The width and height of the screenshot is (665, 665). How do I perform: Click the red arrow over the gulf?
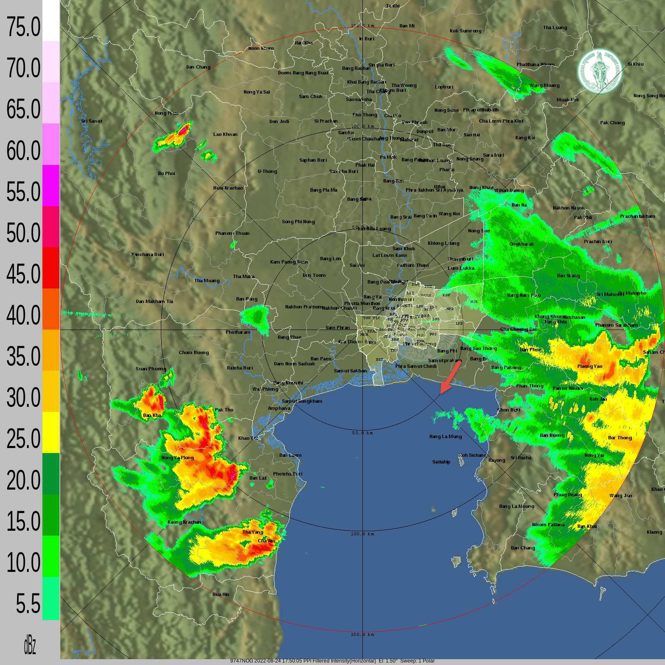click(x=450, y=377)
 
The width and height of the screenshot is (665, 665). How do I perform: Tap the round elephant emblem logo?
click(x=600, y=71)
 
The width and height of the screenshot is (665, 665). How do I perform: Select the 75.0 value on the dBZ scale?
click(x=23, y=27)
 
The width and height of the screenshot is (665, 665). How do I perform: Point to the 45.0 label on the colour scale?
click(x=23, y=274)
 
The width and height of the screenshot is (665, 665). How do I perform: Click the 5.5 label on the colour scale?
click(x=28, y=604)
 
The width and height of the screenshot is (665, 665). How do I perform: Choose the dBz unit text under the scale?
click(x=30, y=645)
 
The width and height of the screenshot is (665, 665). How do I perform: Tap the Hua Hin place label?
click(x=221, y=594)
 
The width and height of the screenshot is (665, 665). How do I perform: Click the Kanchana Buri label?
click(x=148, y=254)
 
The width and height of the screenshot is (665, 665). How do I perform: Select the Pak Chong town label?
click(x=612, y=123)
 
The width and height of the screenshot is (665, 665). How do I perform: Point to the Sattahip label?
click(x=441, y=462)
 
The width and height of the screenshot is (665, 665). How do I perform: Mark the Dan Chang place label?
click(x=198, y=67)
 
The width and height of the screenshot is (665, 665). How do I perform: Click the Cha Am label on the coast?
click(x=266, y=541)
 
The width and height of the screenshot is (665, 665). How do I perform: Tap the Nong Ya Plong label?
click(x=177, y=458)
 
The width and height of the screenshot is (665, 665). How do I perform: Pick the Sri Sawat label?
click(x=92, y=121)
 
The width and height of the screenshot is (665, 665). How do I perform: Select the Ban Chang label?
click(x=523, y=548)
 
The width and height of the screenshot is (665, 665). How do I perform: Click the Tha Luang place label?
click(x=555, y=27)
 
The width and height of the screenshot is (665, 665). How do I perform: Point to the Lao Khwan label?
click(x=225, y=134)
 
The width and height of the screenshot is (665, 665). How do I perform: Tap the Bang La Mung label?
click(x=446, y=436)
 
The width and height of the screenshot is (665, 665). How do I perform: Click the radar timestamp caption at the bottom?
click(x=332, y=661)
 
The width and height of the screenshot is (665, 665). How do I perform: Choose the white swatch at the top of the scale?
click(x=51, y=20)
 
